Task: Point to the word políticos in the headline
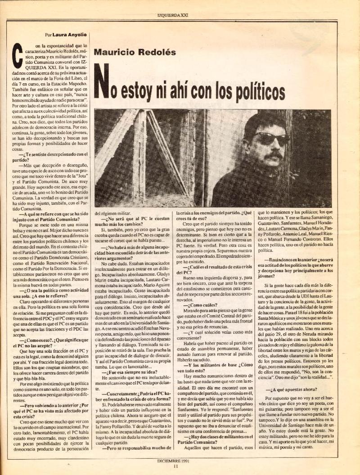tap(255, 92)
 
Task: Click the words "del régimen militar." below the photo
tap(111, 213)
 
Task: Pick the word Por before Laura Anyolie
tap(48, 34)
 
